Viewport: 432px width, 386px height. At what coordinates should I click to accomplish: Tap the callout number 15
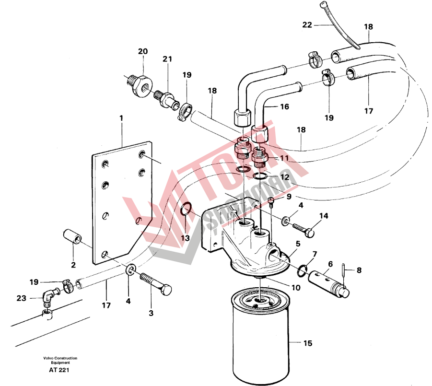coord(308,343)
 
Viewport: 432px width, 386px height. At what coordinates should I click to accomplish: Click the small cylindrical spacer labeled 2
coord(72,236)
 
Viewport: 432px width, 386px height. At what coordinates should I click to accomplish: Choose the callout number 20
coord(143,51)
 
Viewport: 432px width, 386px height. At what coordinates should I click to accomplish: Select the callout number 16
coord(284,106)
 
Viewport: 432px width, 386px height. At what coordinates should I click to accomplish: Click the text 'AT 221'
coord(59,370)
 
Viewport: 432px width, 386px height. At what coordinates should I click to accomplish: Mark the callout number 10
coord(295,288)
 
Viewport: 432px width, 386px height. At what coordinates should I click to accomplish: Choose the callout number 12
coord(285,177)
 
